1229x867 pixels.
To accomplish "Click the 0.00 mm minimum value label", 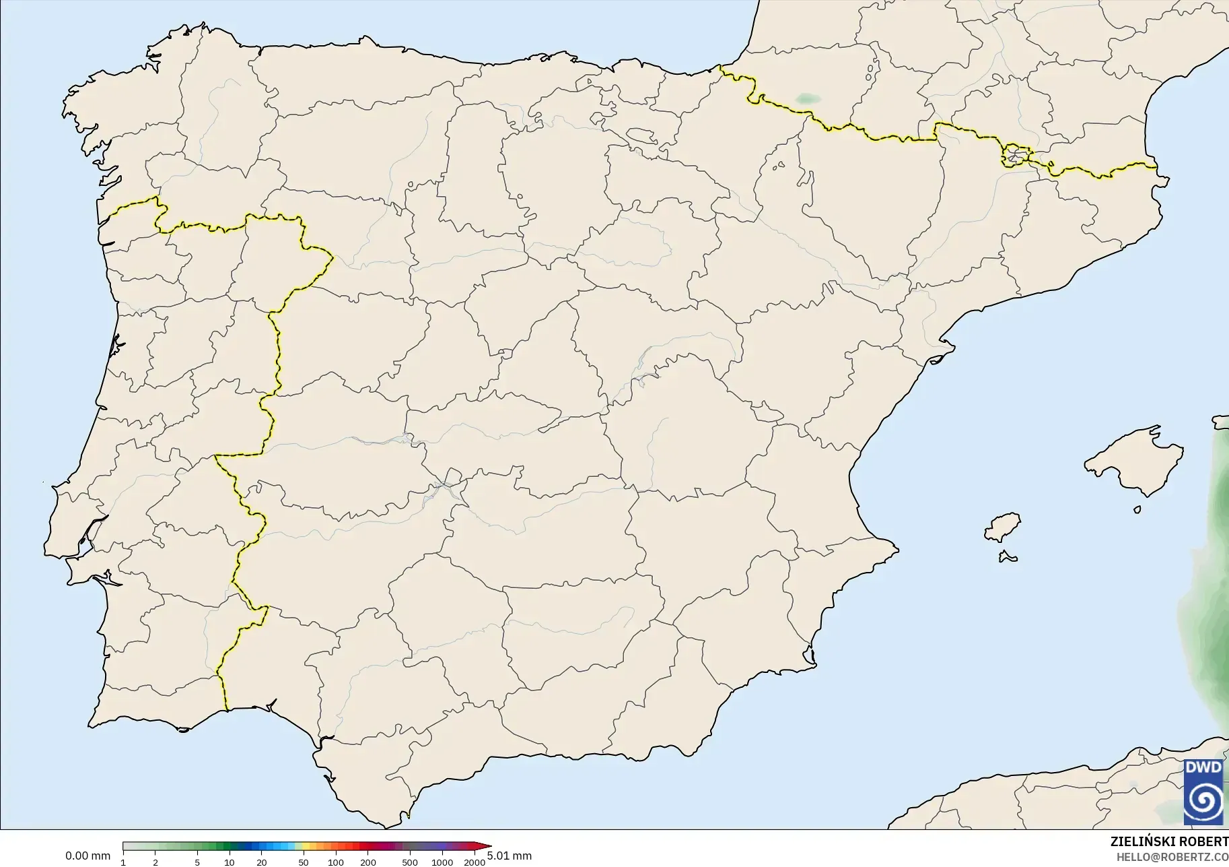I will click(87, 856).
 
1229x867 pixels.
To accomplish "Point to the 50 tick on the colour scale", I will click(304, 862).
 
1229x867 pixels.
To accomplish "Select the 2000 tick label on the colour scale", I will click(475, 862).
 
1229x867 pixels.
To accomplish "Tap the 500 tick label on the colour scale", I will click(409, 862).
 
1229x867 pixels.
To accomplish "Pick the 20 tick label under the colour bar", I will click(262, 862).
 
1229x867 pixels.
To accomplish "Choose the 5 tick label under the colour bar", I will click(197, 862).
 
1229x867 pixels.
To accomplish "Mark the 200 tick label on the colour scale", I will click(368, 862).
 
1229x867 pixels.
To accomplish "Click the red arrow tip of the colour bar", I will click(487, 847).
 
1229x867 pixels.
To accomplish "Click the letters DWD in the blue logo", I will click(1203, 767).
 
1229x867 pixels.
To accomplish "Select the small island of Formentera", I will click(1008, 556).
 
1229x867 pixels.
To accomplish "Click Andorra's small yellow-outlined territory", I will click(1016, 156).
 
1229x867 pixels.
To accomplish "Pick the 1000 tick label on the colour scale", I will click(442, 862).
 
